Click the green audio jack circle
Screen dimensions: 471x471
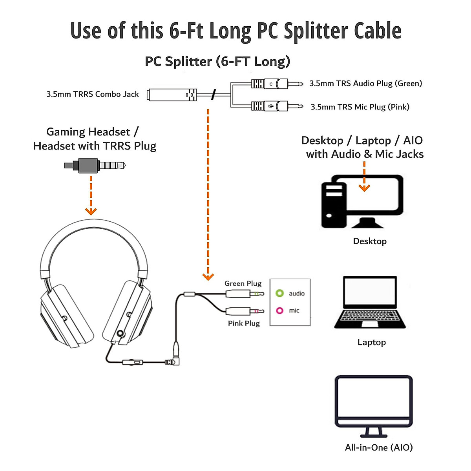pos(279,293)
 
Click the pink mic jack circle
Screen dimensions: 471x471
pos(279,310)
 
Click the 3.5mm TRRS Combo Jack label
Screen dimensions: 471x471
pos(93,94)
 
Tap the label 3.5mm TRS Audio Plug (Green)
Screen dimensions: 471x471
pos(365,83)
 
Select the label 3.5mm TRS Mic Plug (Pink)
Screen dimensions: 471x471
pos(360,107)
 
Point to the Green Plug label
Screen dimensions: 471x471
pos(243,283)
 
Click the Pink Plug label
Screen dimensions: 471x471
pos(244,323)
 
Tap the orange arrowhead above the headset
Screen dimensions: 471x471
pos(91,212)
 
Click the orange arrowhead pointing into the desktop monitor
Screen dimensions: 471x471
pos(365,188)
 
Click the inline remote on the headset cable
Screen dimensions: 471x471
pos(133,362)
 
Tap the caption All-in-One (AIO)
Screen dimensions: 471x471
pos(379,447)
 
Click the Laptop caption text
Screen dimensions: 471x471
pos(371,342)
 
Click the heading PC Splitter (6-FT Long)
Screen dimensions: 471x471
pos(217,62)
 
